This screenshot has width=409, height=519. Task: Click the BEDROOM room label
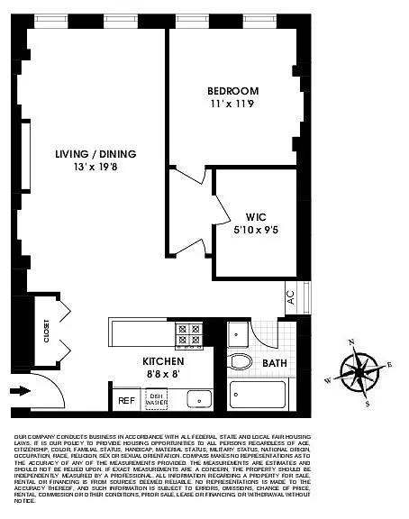[232, 91]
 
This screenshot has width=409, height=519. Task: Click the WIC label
[255, 216]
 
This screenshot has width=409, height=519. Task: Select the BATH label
[274, 363]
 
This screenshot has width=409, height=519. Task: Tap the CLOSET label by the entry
[44, 332]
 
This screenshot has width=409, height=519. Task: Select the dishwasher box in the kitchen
[157, 398]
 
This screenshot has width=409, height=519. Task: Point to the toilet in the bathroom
[240, 361]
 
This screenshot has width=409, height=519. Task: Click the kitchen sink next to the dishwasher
[197, 398]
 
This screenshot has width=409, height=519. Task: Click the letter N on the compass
[351, 342]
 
